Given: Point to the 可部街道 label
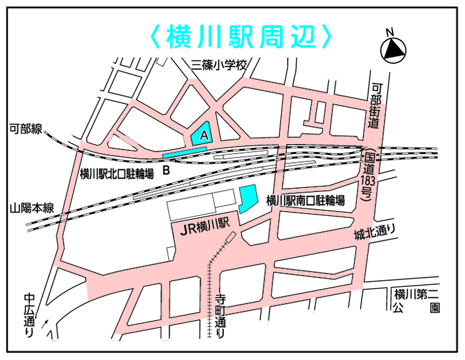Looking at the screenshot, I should (x=376, y=106).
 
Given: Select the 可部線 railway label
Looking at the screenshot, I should (x=25, y=129).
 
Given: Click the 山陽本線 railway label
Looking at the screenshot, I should (x=31, y=208).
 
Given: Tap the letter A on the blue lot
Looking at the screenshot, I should (x=205, y=134).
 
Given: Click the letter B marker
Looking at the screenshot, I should (x=167, y=170).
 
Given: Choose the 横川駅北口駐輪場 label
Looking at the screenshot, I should (x=116, y=174).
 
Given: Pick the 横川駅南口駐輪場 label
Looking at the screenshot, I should (x=305, y=201).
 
